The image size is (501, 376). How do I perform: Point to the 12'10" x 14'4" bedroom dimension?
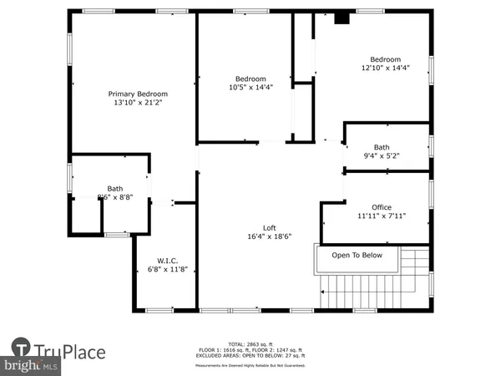(386, 69)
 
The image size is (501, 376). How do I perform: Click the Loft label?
(270, 228)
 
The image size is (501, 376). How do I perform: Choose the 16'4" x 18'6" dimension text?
(270, 237)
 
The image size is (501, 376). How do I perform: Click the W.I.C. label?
(168, 260)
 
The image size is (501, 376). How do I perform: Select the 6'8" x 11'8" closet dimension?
(168, 269)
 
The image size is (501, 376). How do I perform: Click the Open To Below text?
(357, 256)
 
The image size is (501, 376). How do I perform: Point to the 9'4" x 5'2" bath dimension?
(382, 155)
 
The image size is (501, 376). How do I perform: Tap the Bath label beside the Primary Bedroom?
(114, 188)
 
